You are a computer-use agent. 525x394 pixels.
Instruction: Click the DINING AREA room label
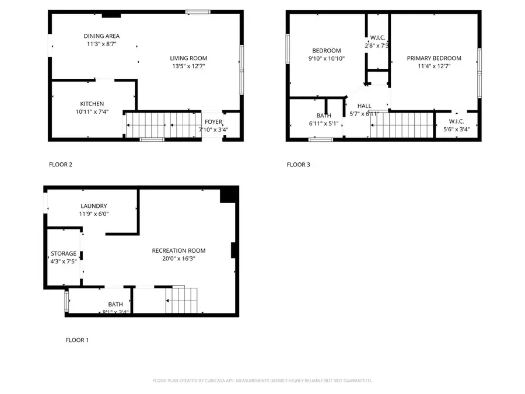click(x=101, y=36)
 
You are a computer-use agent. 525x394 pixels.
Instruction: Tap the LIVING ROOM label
click(x=188, y=58)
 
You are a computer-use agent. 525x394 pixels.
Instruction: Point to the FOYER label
click(x=213, y=122)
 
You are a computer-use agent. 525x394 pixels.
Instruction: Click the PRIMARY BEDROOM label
click(x=434, y=58)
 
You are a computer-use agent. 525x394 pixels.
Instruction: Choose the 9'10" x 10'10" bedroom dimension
click(x=327, y=58)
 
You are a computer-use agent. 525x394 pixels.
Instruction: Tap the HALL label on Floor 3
click(x=365, y=106)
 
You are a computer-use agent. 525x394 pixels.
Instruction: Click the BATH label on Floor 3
click(x=324, y=116)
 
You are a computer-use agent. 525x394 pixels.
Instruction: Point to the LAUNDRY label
click(x=93, y=206)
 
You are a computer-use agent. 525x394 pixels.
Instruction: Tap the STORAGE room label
click(x=64, y=253)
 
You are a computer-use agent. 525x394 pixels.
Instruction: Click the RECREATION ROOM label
click(x=178, y=250)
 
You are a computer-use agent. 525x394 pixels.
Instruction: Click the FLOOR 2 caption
click(x=60, y=165)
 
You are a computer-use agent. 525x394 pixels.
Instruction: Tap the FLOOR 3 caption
click(x=298, y=165)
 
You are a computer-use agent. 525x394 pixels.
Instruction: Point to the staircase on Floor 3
click(x=402, y=125)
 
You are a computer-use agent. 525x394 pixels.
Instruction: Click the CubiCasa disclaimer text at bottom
click(x=262, y=381)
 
